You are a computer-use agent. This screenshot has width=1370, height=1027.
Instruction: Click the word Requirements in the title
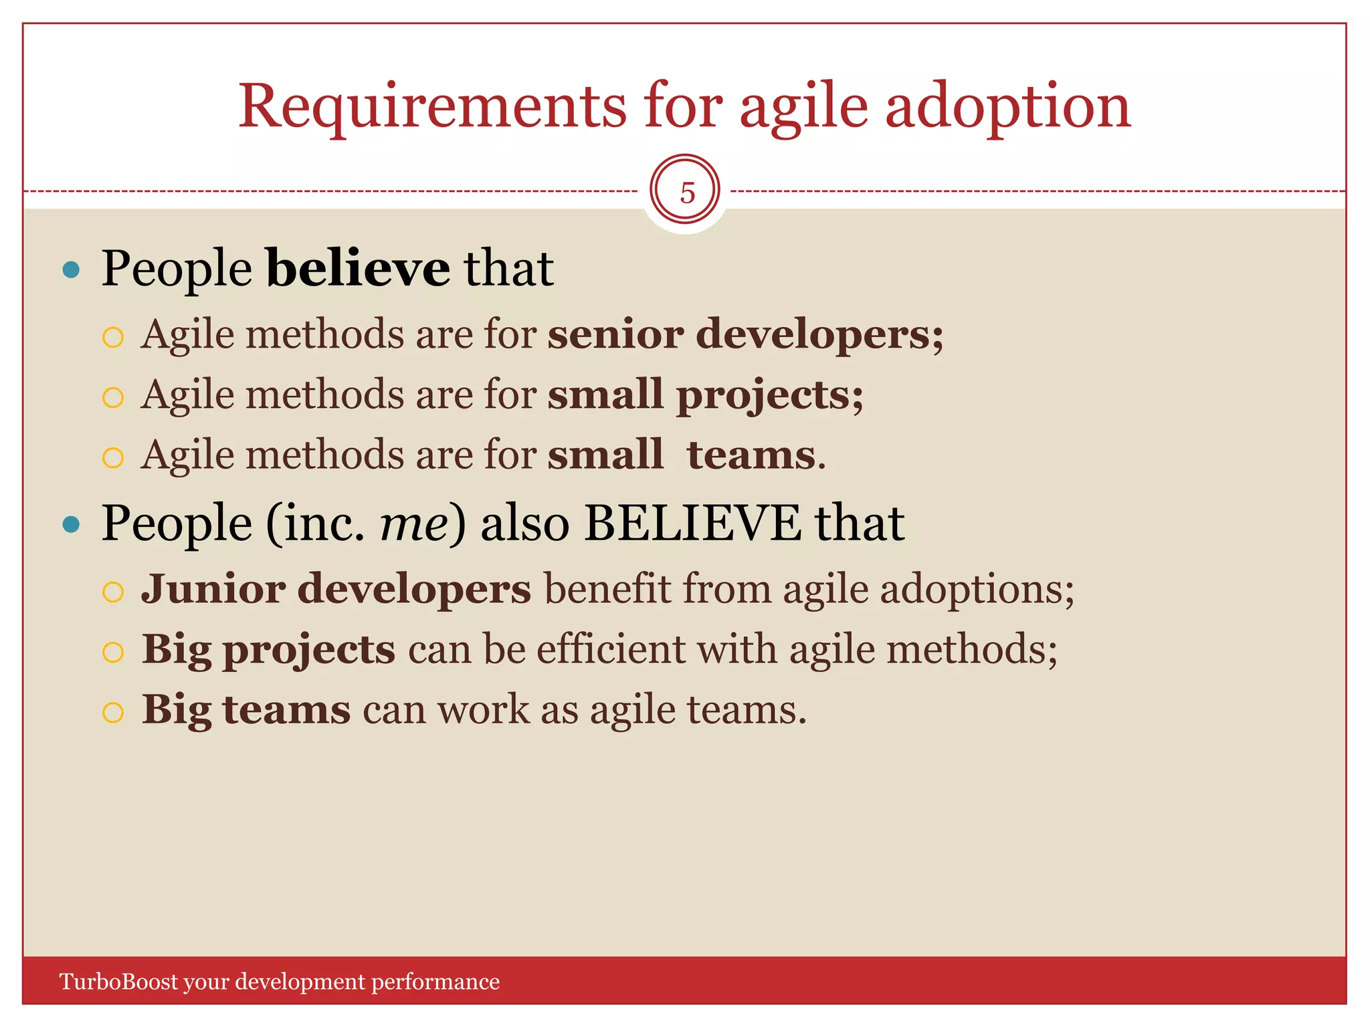coord(432,107)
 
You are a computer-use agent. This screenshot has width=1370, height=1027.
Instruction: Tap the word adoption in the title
coord(1007,107)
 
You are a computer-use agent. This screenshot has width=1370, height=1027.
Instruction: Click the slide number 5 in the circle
coord(686,193)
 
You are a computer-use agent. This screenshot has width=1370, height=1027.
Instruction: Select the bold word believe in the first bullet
coord(358,268)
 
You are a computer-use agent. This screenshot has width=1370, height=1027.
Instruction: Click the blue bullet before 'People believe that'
coord(71,270)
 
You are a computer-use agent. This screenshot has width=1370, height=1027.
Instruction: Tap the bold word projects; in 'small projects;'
coord(769,394)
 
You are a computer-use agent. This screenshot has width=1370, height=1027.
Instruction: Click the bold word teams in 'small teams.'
coord(751,455)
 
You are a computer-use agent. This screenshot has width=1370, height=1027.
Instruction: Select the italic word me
coord(413,524)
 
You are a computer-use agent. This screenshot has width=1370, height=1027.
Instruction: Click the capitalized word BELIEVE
coord(692,524)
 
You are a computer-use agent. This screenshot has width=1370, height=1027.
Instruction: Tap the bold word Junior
coord(213,589)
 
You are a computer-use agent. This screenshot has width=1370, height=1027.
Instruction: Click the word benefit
coord(606,589)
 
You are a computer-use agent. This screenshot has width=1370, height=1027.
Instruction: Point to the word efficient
coord(610,649)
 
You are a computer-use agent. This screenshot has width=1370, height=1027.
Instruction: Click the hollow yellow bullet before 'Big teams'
coord(113,712)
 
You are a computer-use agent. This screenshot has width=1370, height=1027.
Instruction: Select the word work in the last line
coord(483,709)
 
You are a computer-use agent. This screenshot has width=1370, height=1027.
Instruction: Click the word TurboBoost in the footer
coord(119,982)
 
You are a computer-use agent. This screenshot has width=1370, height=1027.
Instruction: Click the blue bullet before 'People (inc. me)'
coord(71,524)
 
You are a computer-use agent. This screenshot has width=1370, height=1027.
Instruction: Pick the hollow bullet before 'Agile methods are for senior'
coord(113,337)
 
